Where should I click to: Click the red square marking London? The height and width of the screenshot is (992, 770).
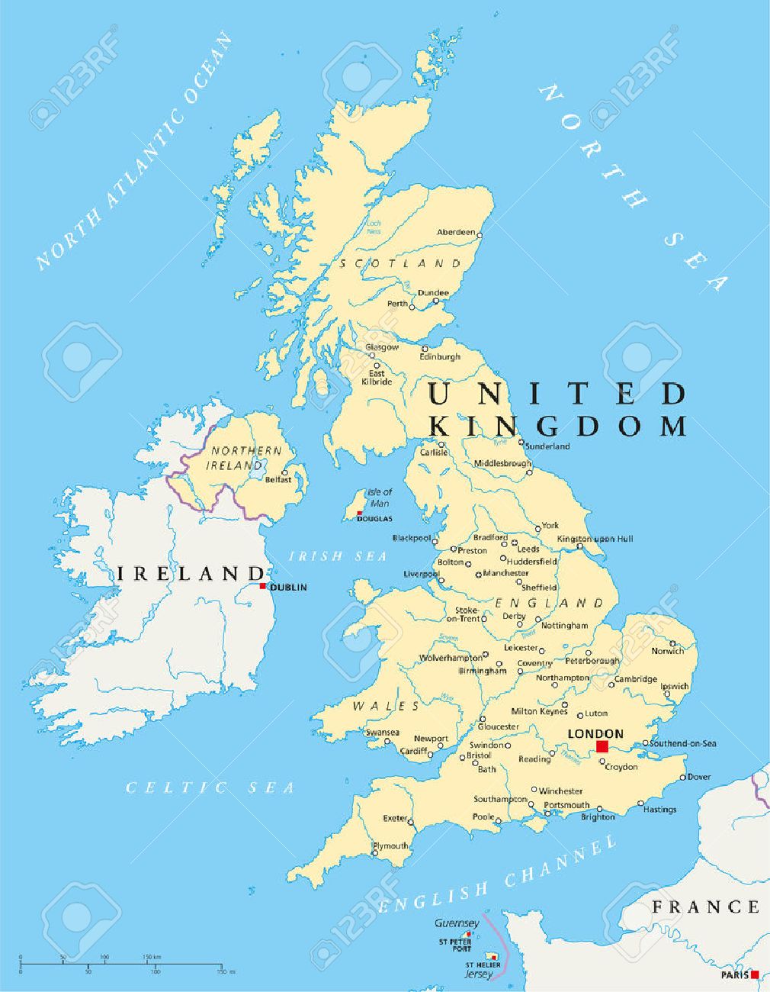point(602,746)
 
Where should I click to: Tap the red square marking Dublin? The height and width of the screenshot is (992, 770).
point(263,586)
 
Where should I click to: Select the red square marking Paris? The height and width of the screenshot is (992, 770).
point(755,974)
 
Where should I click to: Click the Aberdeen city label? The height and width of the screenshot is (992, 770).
point(455,232)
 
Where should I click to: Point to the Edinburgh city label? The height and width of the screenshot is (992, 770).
point(440,356)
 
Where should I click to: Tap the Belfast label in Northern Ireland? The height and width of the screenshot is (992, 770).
point(278,480)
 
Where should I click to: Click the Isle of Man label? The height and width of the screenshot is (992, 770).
point(379,498)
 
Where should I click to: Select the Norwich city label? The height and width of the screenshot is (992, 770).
point(667,651)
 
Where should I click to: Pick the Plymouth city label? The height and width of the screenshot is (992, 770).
point(390,846)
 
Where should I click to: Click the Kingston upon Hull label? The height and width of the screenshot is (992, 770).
point(595,539)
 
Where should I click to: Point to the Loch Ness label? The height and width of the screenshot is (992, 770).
point(374,227)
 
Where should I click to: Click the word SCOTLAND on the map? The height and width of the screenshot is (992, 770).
point(401,263)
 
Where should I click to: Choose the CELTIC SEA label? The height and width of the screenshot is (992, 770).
point(210,787)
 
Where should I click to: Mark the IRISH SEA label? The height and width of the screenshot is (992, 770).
point(338,556)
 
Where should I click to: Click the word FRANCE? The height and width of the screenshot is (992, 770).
point(705,907)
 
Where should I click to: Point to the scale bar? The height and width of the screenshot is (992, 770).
point(122,964)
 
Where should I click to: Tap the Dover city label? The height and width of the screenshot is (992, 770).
point(699,778)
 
